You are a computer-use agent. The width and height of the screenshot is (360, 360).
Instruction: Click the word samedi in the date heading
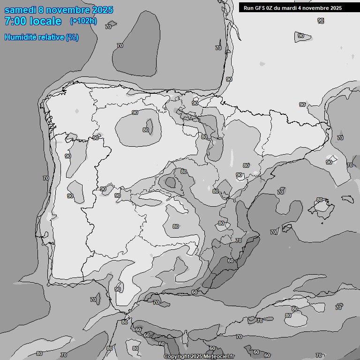point(22,10)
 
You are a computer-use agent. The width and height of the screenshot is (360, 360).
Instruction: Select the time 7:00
point(15,21)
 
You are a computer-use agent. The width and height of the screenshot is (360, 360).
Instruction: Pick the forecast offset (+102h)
point(83,21)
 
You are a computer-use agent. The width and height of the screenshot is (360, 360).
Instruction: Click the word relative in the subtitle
point(49,37)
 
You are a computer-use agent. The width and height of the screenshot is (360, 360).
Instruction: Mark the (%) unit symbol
point(72,37)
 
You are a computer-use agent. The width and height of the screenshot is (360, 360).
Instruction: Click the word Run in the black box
point(248,8)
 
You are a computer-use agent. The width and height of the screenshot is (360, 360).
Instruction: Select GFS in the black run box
point(260,8)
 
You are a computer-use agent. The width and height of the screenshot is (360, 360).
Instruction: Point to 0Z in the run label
point(272,8)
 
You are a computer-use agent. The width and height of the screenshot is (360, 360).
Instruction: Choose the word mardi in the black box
point(294,8)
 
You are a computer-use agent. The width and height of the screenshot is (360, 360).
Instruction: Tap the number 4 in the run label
point(306,8)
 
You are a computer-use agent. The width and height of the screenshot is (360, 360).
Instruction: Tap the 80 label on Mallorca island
point(319,200)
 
